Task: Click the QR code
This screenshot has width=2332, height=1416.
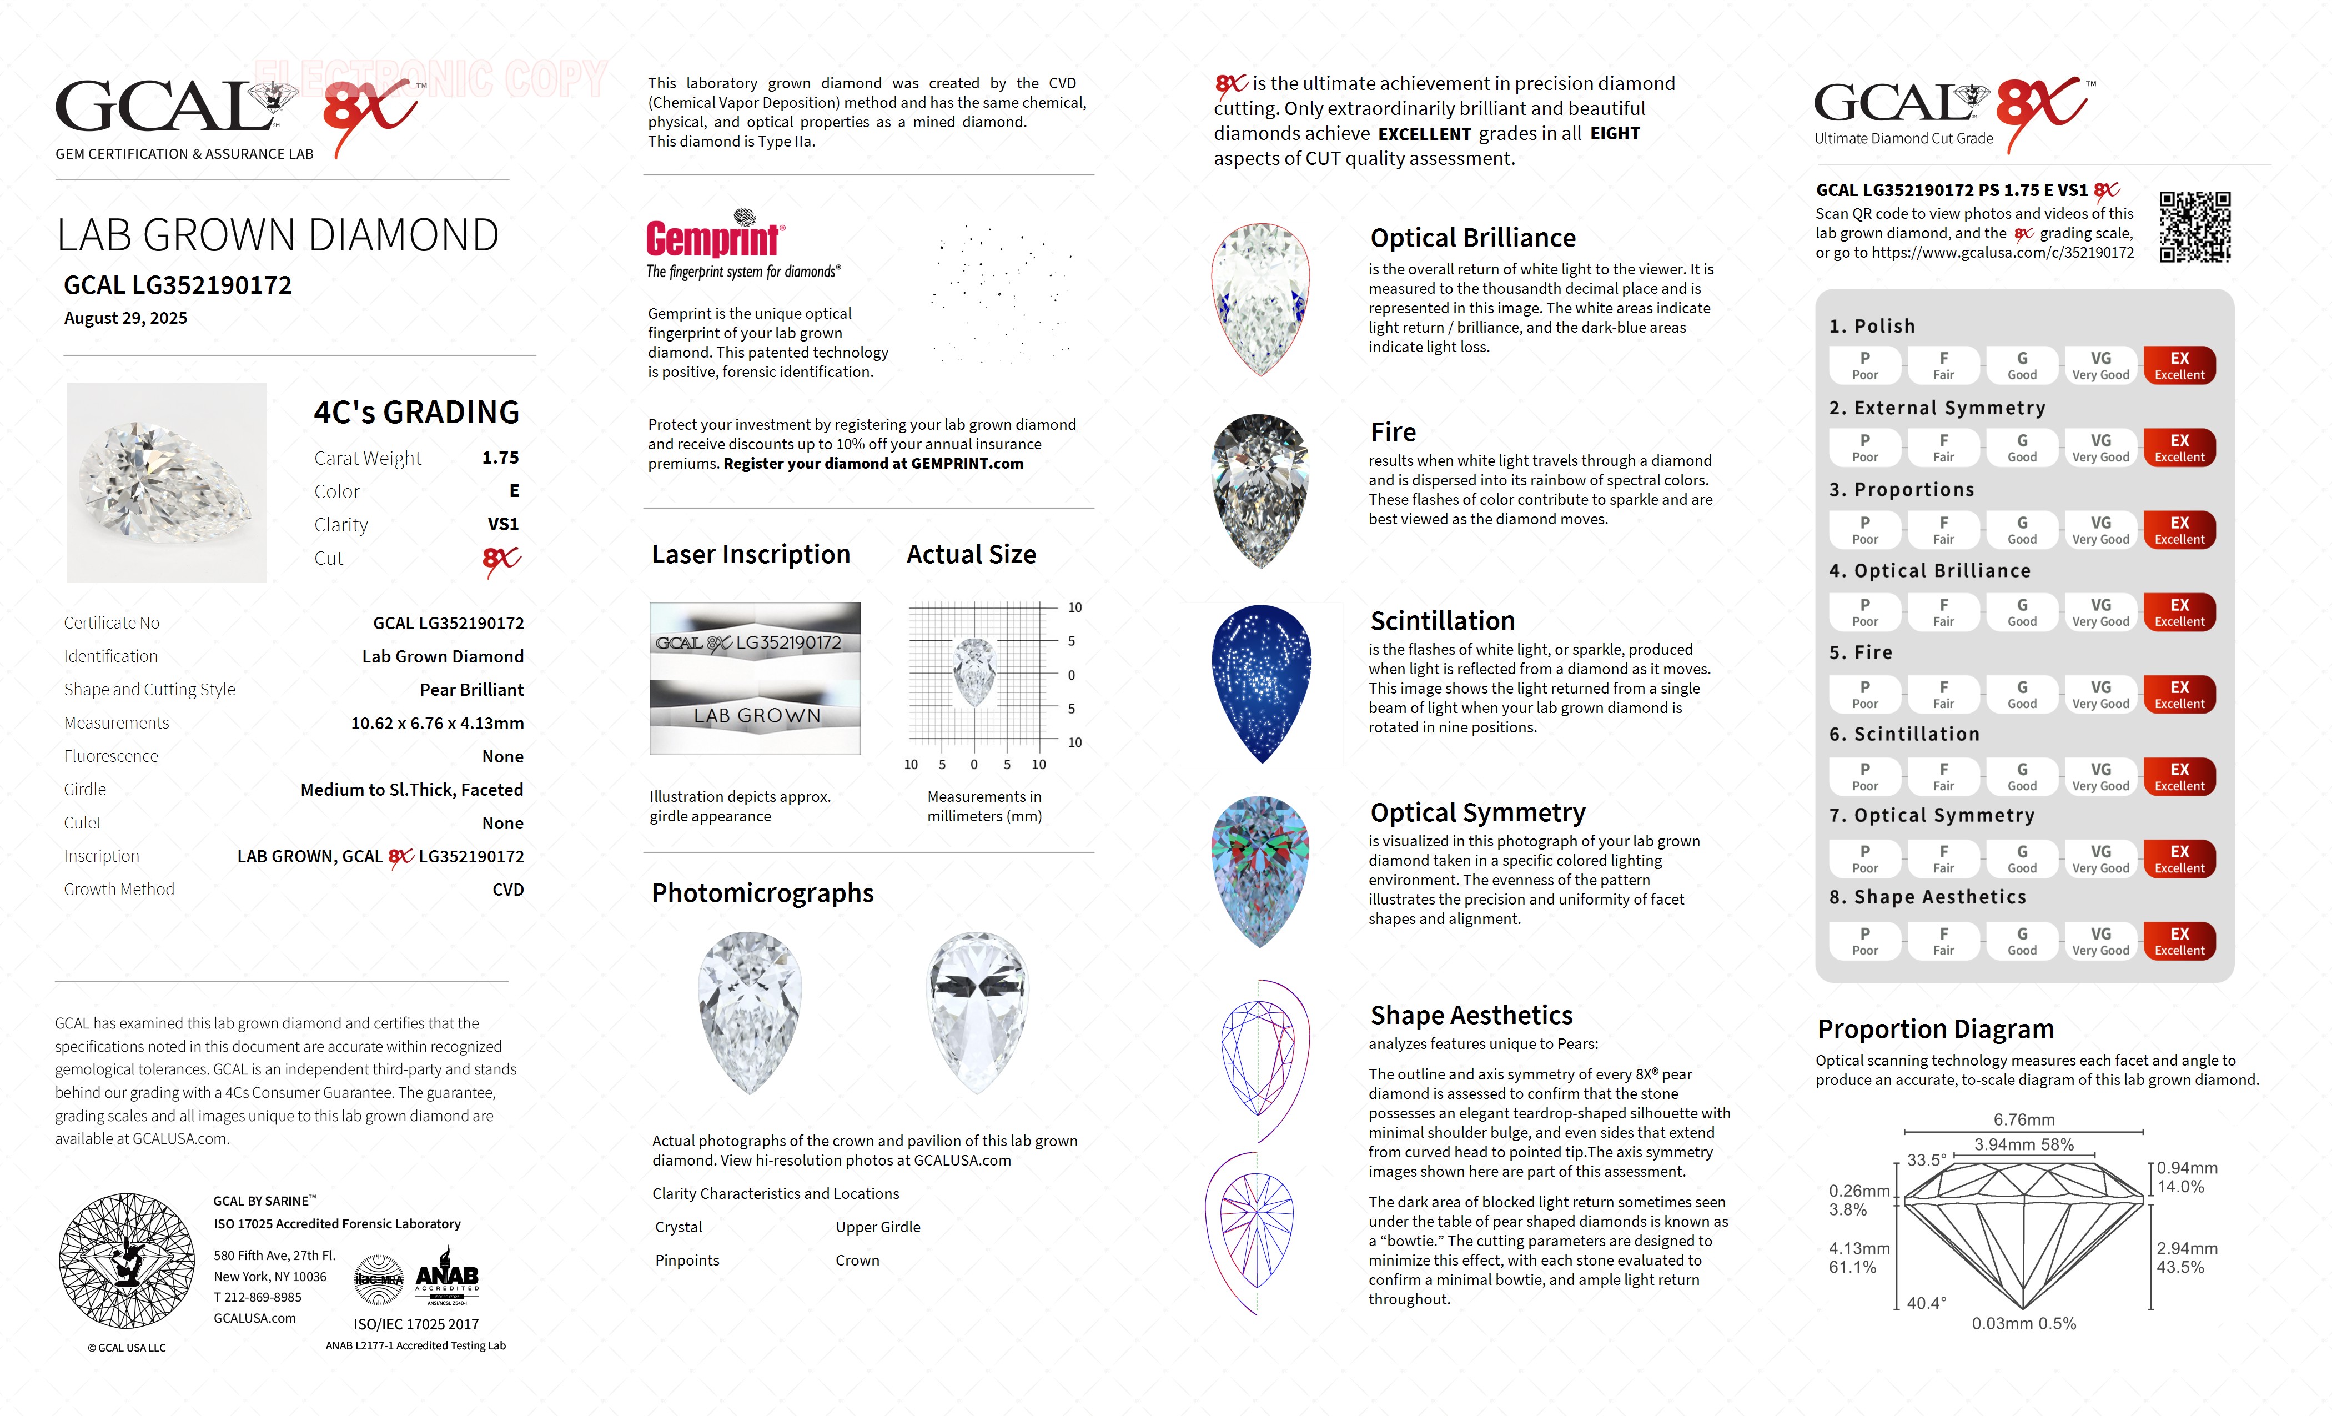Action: point(2194,227)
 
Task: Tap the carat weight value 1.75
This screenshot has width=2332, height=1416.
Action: point(500,458)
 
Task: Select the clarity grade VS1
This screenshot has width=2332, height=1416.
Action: point(502,524)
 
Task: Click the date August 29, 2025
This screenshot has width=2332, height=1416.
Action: point(126,318)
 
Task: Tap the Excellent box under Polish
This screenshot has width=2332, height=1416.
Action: point(2179,365)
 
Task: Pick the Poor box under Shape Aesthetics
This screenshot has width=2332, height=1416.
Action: point(1864,941)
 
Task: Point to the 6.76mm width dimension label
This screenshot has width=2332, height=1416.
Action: point(2023,1119)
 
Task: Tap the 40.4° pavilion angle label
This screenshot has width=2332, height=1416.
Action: point(1926,1303)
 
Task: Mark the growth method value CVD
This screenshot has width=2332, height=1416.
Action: point(507,890)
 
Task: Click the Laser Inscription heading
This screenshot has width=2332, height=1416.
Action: point(751,555)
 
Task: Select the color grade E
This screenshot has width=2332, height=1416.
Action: point(514,491)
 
